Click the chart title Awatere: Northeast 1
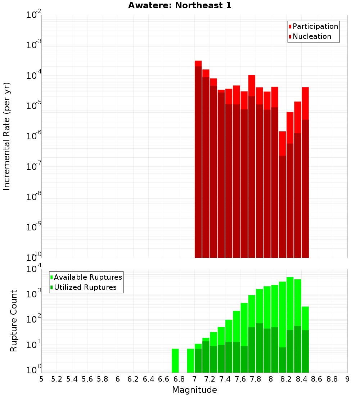(180, 5)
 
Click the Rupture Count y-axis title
(14, 320)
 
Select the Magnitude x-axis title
(194, 390)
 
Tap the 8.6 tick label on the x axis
(317, 379)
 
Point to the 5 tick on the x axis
(41, 379)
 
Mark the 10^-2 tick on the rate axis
(34, 15)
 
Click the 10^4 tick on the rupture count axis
(34, 269)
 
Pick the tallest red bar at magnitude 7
(198, 158)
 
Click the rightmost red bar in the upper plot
(305, 173)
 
